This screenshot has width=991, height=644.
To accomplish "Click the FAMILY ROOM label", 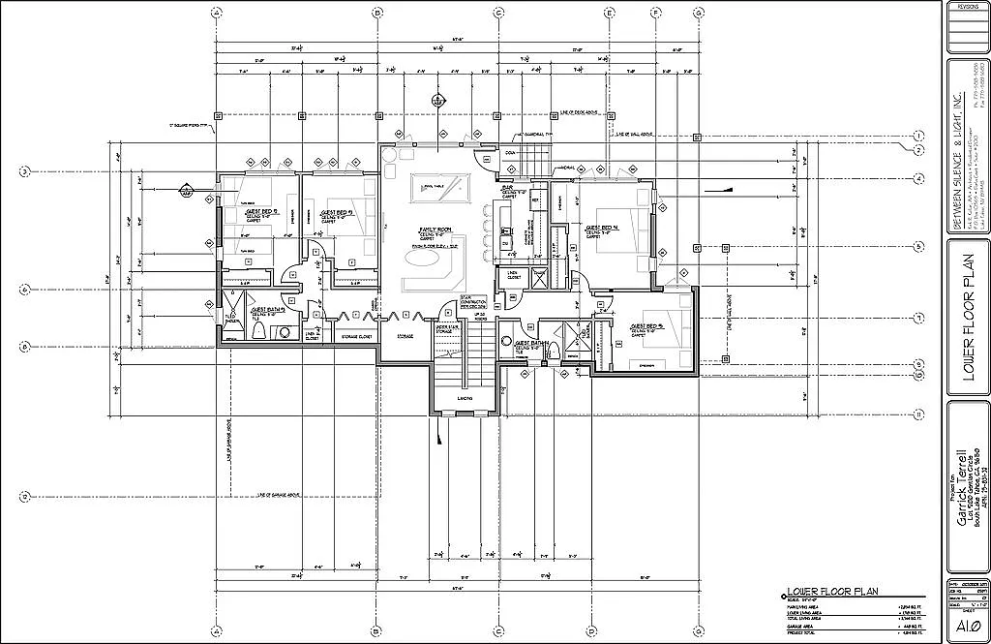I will (431, 229).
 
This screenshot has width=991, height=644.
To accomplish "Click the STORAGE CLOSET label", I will (356, 336).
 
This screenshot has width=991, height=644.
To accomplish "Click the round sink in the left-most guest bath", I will (285, 333).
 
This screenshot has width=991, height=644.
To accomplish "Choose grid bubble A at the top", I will (216, 13).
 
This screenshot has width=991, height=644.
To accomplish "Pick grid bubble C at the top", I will (498, 13).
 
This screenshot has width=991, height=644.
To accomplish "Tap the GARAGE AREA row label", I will (804, 626).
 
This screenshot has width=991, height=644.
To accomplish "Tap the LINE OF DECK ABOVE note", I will (581, 113).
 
